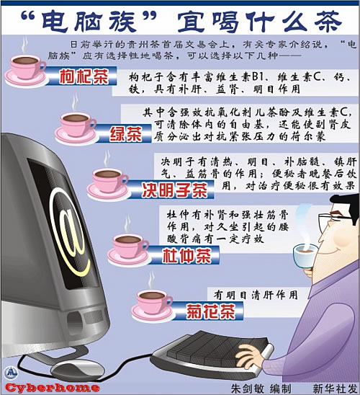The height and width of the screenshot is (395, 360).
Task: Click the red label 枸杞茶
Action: coord(84,76)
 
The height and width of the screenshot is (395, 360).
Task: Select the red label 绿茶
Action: coord(125,133)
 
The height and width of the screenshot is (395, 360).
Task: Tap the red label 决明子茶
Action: coord(174,190)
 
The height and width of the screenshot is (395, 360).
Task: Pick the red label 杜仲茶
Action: coord(186,255)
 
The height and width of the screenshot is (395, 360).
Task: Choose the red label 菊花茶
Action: coord(210,311)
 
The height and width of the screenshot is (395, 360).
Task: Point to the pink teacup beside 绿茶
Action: coord(76,128)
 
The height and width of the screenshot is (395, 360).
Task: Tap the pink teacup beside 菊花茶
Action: coord(153,306)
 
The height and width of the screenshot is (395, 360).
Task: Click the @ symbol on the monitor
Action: coord(68,232)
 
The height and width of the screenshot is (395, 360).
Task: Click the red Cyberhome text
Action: coord(52,388)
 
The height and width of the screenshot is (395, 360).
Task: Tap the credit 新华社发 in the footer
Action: coord(336,389)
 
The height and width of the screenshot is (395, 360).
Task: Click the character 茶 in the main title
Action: coord(328,22)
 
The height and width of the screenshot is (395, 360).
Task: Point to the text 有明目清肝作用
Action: coord(256,295)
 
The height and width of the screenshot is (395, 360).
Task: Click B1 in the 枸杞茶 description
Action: coord(257,77)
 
